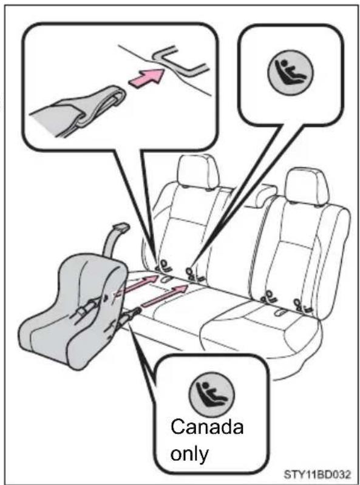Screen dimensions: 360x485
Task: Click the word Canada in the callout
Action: point(207,427)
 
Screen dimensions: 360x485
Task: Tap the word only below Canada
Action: point(189,454)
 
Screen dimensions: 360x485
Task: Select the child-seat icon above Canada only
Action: point(212,394)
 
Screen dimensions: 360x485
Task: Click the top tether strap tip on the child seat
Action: point(121,228)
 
